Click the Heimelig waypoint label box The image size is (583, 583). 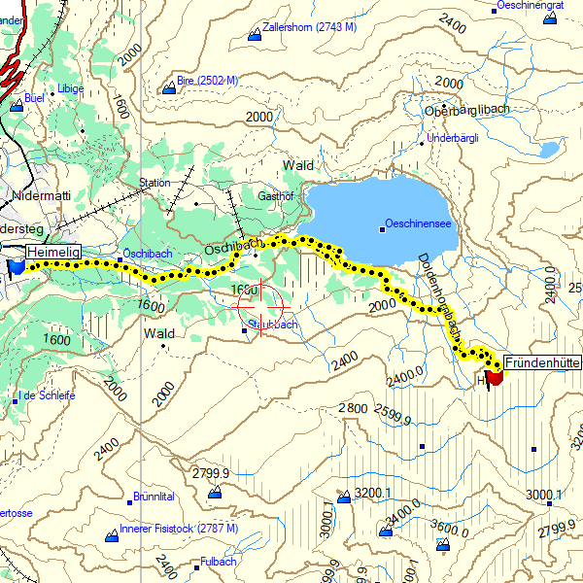(53, 253)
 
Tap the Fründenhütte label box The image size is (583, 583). (543, 360)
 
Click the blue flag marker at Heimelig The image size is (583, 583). (16, 266)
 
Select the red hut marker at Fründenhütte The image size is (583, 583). (494, 377)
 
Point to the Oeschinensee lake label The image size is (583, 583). (418, 223)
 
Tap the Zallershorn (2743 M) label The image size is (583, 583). (308, 27)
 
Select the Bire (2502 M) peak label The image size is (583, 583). (206, 82)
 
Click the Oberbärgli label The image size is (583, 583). (466, 109)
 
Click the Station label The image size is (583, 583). (154, 183)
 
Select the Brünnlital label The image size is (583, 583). (154, 497)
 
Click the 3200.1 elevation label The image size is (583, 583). (373, 493)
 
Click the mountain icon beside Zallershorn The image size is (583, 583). (255, 34)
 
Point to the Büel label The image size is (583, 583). (35, 98)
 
